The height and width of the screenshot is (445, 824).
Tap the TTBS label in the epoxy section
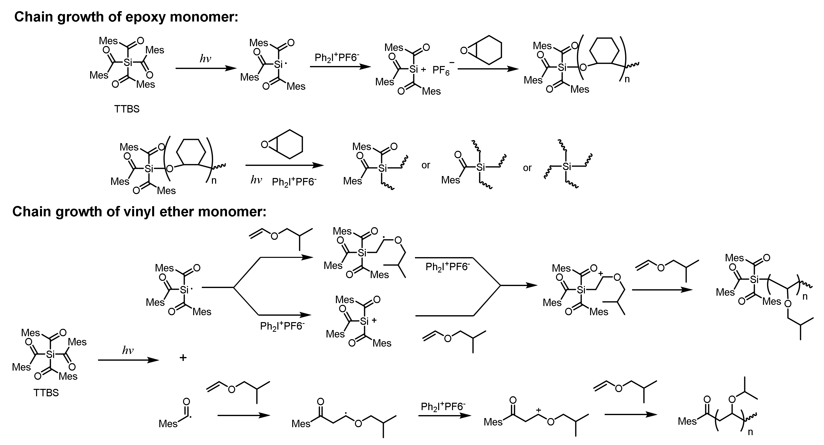click(x=127, y=109)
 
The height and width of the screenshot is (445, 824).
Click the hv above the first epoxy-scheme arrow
click(x=205, y=59)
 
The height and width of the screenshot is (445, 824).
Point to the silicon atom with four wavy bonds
click(x=567, y=166)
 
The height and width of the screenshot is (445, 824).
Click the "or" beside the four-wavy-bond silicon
click(x=527, y=168)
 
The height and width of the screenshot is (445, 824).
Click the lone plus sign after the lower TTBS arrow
click(x=183, y=357)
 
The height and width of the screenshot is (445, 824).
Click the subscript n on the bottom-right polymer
click(x=750, y=432)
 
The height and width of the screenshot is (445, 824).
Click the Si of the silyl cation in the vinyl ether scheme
click(x=364, y=321)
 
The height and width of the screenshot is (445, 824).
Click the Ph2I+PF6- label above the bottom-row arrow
click(x=443, y=407)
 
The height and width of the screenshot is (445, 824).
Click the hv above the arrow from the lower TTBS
click(x=128, y=351)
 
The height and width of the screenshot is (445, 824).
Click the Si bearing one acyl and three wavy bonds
click(x=480, y=167)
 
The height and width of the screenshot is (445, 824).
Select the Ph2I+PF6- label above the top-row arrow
click(x=337, y=58)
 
